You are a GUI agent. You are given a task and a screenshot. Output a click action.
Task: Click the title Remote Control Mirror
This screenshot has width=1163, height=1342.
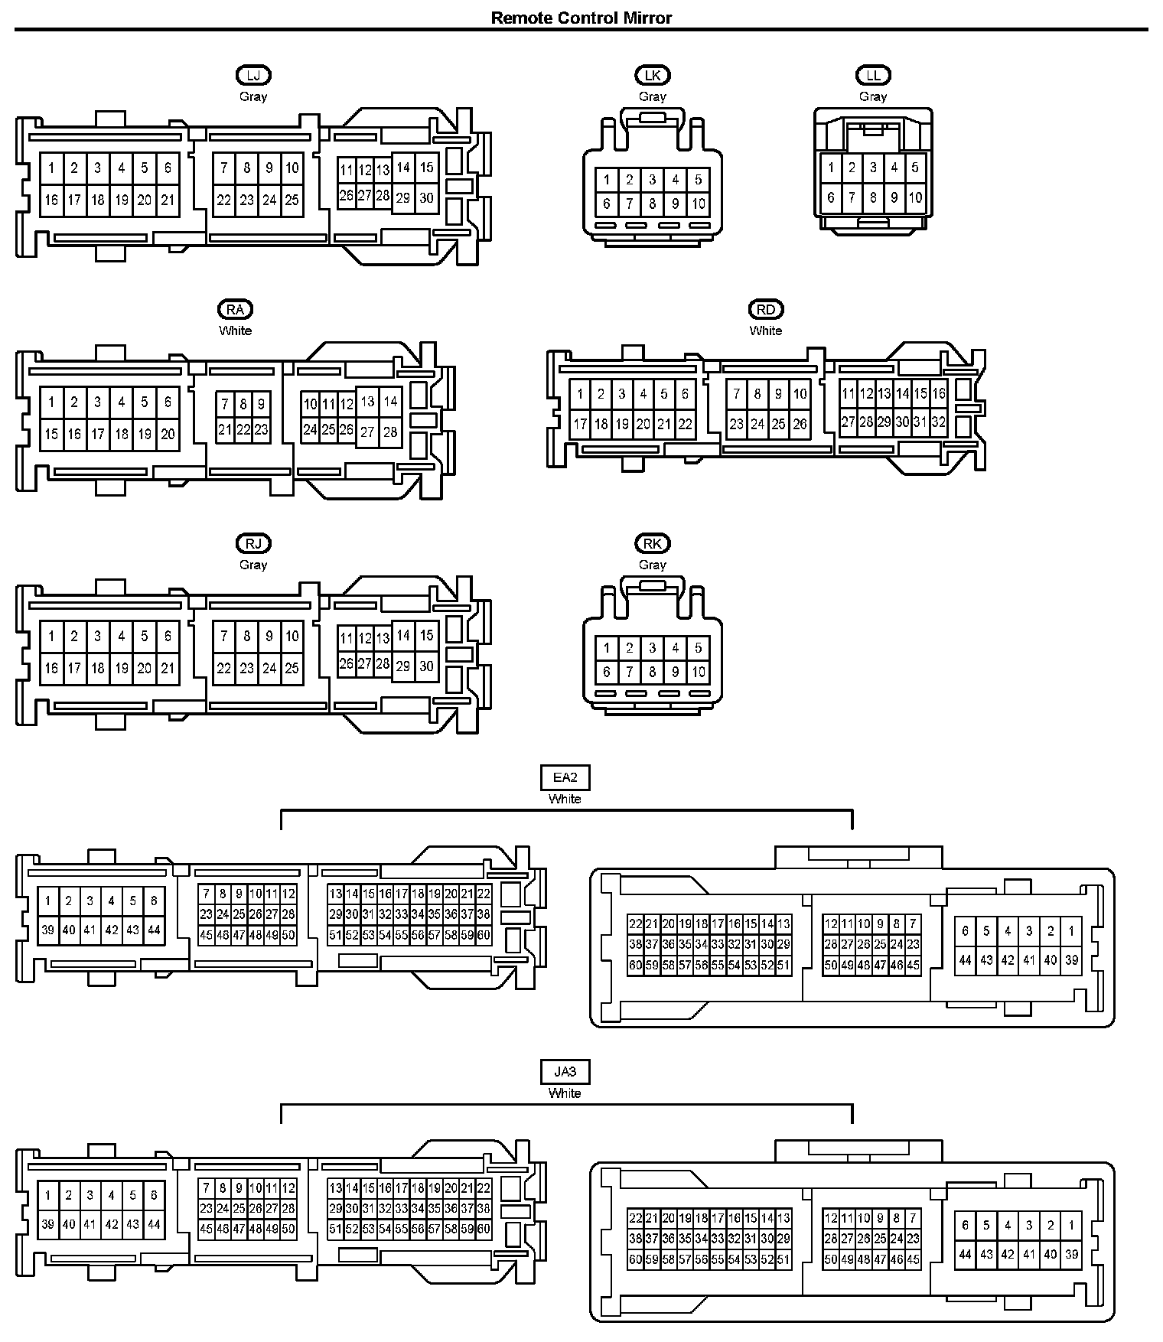[x=581, y=18]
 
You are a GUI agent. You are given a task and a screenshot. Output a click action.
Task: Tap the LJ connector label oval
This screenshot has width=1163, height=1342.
[x=253, y=75]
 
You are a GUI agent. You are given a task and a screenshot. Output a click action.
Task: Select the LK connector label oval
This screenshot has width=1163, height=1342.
[x=652, y=75]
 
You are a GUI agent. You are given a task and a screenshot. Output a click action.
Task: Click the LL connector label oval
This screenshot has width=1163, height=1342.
[x=873, y=75]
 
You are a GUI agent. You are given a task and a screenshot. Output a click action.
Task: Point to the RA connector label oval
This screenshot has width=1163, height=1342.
[x=235, y=309]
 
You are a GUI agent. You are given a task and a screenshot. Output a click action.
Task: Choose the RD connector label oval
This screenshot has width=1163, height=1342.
[x=766, y=309]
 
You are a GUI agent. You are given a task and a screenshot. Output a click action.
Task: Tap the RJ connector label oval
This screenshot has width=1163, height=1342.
[x=253, y=543]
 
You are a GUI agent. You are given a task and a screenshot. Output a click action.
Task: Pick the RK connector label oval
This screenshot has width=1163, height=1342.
[x=652, y=543]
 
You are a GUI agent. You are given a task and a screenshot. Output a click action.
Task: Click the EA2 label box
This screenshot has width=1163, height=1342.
[x=565, y=777]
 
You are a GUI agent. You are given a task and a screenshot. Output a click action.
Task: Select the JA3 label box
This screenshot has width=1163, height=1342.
[x=565, y=1072]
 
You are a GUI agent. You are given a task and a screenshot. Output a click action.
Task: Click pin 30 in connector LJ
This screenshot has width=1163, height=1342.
[x=426, y=197]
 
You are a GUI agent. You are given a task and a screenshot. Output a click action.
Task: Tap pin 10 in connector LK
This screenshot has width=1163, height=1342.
[x=698, y=204]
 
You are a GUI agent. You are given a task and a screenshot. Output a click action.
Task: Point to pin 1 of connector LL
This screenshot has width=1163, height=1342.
[x=831, y=168]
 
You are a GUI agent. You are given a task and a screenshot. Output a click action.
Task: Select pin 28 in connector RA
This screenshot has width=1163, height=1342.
[x=390, y=432]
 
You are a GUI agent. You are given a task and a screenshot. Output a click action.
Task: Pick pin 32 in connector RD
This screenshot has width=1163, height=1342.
[x=939, y=422]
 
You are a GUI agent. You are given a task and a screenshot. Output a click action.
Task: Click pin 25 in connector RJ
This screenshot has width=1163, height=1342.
[x=292, y=668]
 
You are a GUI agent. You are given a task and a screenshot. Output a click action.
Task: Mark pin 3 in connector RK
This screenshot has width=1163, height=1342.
[x=652, y=648]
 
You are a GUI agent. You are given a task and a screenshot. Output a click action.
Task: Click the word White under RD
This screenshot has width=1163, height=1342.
[x=766, y=331]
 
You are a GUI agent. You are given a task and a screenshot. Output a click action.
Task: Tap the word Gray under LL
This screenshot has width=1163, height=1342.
[x=873, y=96]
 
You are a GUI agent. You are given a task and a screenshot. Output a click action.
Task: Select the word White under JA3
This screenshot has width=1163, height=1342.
[x=565, y=1093]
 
